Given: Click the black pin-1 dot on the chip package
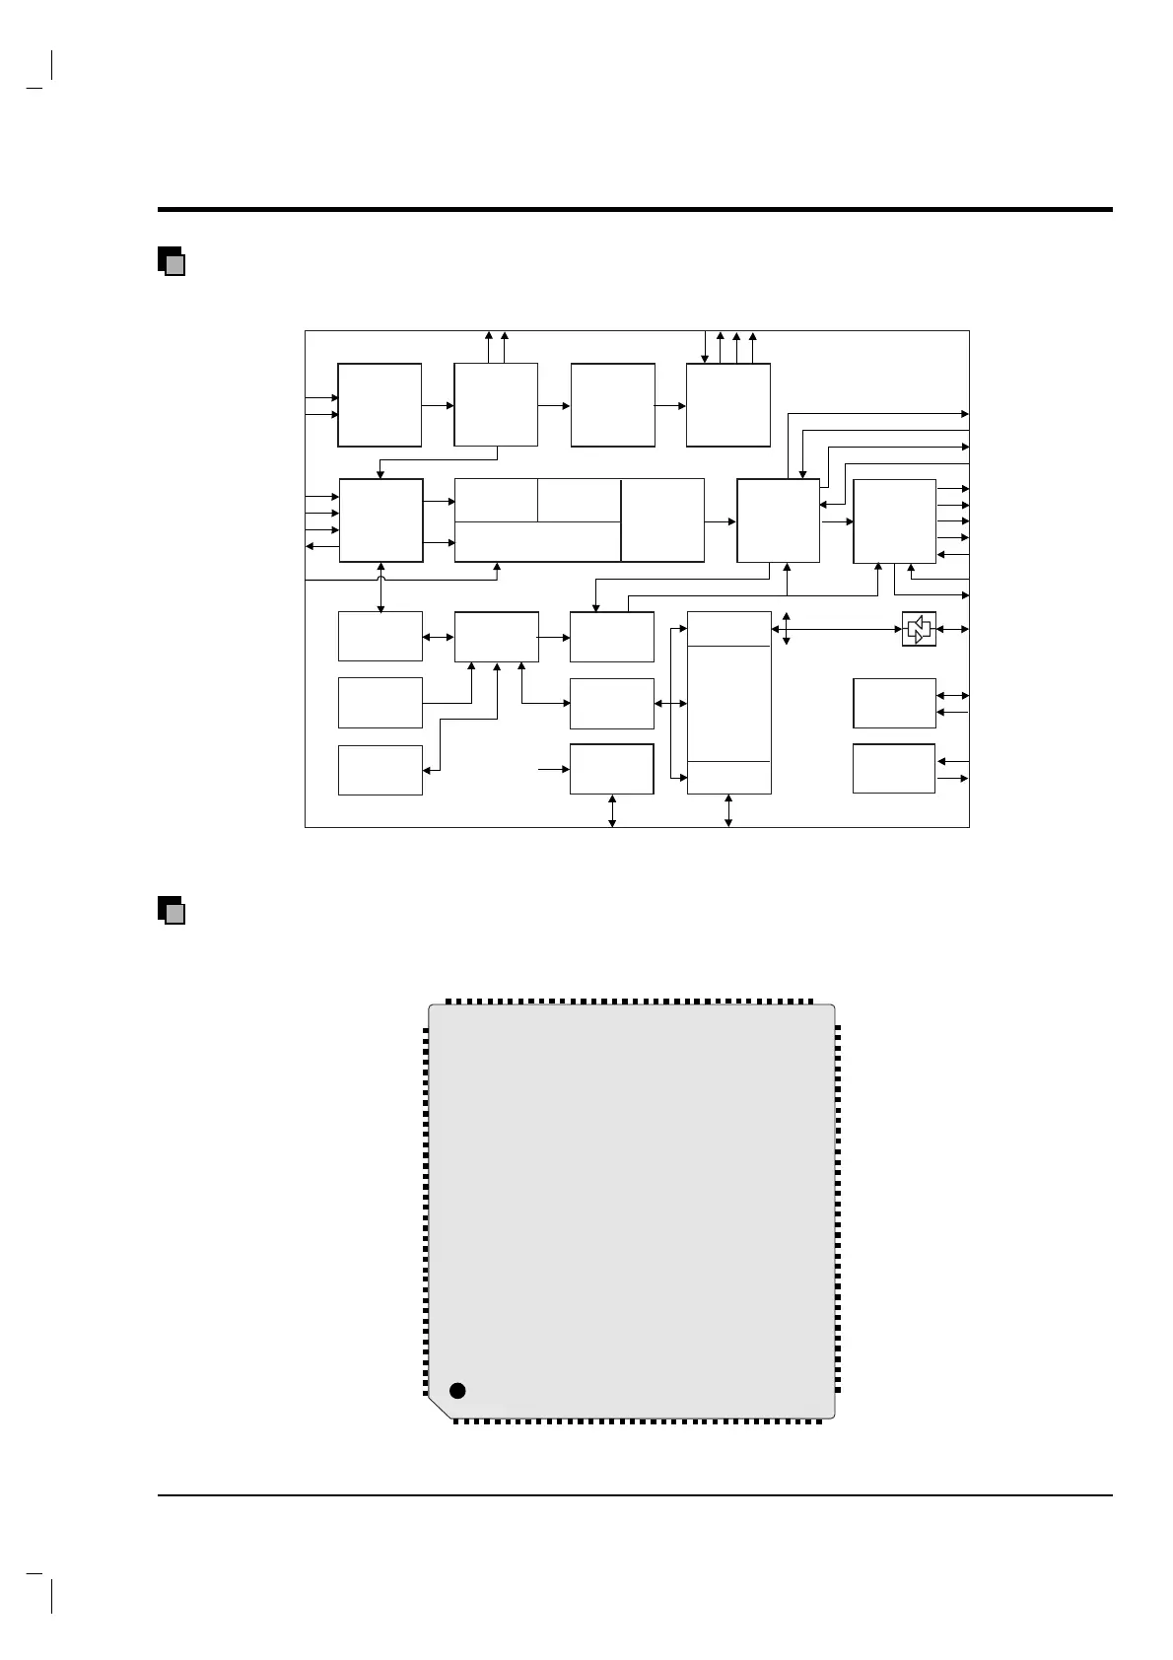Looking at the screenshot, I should tap(456, 1390).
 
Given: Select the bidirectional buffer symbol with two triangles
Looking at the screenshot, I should tap(919, 629).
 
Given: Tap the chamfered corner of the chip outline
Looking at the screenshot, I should tap(440, 1408).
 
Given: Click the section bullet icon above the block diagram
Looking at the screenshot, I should tap(172, 260).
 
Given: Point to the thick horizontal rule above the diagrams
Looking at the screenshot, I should tap(635, 209).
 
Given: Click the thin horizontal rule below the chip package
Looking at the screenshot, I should tap(635, 1495).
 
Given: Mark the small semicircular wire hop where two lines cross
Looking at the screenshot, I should tap(381, 582).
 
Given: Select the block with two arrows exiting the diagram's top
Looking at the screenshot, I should tap(496, 404).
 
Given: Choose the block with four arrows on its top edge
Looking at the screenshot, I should tap(728, 404).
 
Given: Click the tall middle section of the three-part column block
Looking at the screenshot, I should tap(728, 703).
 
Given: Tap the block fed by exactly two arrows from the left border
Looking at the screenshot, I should tap(379, 404).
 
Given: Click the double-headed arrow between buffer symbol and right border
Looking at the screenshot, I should tap(952, 629).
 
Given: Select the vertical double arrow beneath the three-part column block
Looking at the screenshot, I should tap(728, 810).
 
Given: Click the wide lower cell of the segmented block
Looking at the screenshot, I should tap(537, 541).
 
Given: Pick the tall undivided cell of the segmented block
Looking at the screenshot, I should tap(662, 519).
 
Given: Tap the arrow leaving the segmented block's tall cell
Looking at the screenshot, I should tap(721, 520).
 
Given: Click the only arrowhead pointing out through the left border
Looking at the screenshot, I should tap(312, 545).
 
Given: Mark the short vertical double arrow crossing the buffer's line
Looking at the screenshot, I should tap(786, 629).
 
